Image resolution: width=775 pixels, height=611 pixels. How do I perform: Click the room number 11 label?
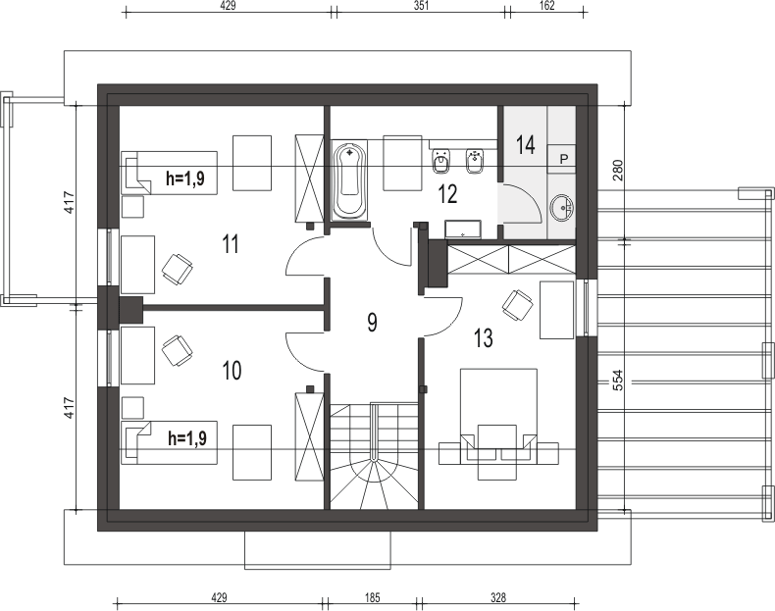231,243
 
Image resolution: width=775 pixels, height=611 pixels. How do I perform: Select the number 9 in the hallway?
373,323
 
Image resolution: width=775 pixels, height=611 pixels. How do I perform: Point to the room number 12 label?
448,193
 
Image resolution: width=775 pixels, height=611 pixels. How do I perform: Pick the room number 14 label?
526,145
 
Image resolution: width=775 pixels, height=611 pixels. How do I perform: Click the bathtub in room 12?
349,181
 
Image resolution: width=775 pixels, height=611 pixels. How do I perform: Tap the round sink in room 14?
562,207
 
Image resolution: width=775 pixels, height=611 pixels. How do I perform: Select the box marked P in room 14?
564,158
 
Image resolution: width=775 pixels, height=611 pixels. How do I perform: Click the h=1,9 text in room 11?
185,178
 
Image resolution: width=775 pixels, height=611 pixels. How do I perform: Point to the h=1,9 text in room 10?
187,438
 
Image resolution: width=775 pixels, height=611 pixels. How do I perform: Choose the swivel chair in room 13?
516,305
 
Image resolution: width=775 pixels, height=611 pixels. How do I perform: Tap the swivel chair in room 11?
178,268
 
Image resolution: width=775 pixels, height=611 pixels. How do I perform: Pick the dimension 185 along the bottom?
371,597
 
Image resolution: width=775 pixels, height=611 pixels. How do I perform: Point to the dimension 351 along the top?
420,5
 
